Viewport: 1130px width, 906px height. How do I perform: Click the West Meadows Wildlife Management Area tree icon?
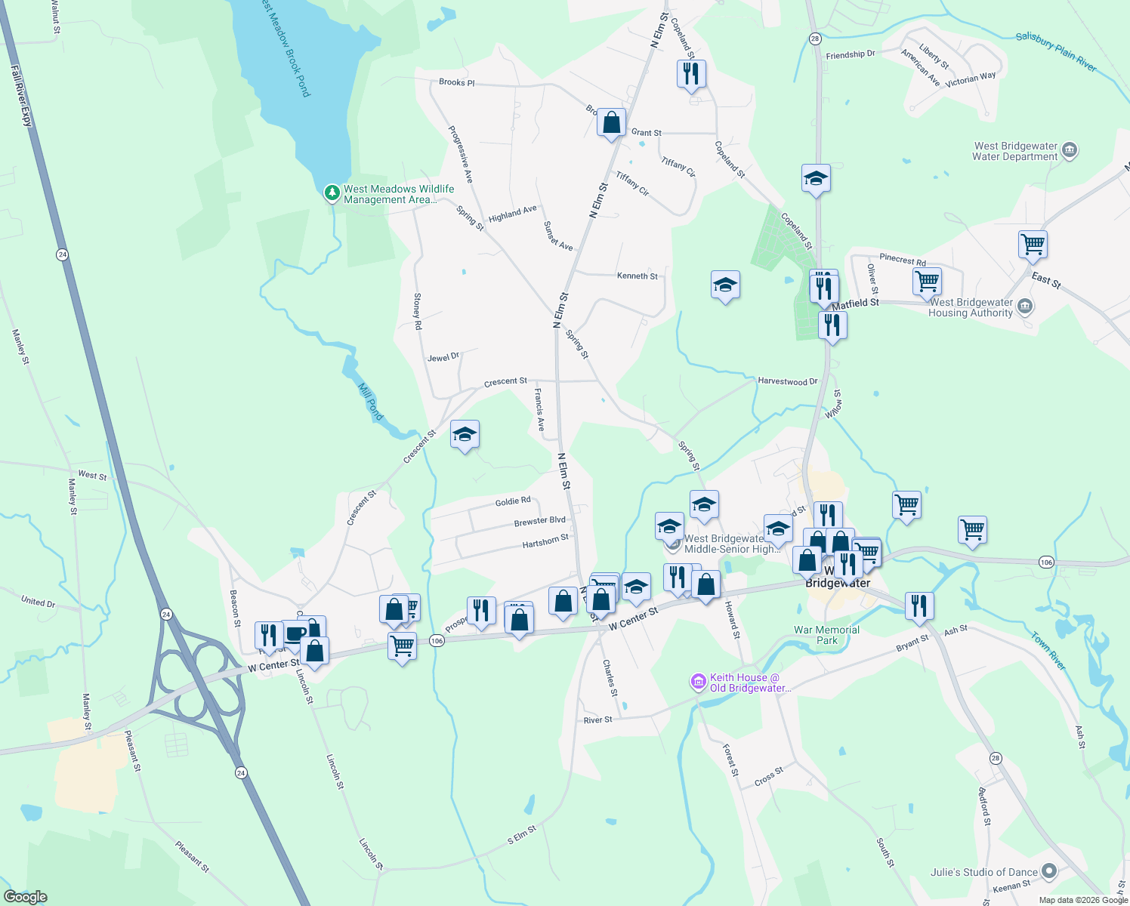[x=332, y=193]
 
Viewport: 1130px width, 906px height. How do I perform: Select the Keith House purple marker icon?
[x=698, y=682]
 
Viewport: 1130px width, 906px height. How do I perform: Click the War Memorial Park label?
[x=826, y=635]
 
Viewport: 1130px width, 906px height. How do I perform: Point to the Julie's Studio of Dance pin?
[x=1048, y=872]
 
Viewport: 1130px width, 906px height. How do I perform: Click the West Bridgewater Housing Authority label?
[x=971, y=307]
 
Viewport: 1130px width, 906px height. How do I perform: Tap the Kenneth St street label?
[x=637, y=276]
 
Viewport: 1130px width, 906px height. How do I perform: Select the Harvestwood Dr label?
[x=787, y=381]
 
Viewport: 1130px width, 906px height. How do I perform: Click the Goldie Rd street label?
[x=513, y=501]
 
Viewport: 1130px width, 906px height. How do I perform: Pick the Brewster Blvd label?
[x=539, y=521]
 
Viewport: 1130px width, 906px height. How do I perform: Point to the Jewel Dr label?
[x=443, y=357]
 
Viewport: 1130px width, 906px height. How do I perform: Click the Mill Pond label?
[x=370, y=401]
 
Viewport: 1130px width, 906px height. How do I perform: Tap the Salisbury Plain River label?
[x=1055, y=51]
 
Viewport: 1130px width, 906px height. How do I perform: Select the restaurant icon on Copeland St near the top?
[x=691, y=74]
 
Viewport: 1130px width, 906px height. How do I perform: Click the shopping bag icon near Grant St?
[x=611, y=122]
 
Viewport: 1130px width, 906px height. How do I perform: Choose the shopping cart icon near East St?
[x=1032, y=244]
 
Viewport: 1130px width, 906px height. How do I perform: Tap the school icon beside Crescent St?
[x=465, y=434]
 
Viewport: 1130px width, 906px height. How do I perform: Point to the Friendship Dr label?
[x=850, y=55]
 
